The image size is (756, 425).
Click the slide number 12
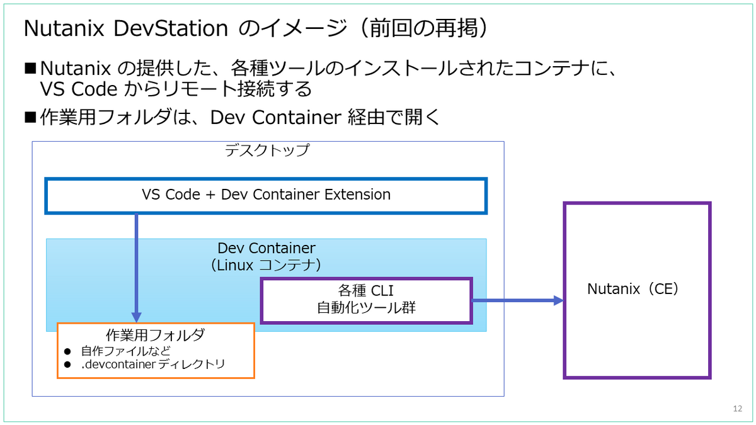(738, 409)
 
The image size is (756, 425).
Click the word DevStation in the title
(171, 28)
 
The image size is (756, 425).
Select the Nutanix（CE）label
(633, 289)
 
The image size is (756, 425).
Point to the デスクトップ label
(266, 150)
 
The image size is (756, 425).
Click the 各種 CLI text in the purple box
(366, 290)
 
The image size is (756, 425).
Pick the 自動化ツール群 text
(366, 308)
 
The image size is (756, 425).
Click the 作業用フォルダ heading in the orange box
(155, 335)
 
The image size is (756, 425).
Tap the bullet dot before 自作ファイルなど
(67, 351)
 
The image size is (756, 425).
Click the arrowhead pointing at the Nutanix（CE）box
(559, 300)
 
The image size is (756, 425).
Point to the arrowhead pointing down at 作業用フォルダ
(136, 317)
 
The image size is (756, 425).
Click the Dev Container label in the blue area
(266, 248)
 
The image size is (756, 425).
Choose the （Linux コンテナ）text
(266, 265)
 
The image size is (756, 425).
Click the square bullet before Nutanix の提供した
(30, 68)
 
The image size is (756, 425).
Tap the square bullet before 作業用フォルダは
(30, 117)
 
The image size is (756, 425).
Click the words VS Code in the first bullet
(79, 89)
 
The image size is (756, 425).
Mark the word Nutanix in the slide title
(64, 28)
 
